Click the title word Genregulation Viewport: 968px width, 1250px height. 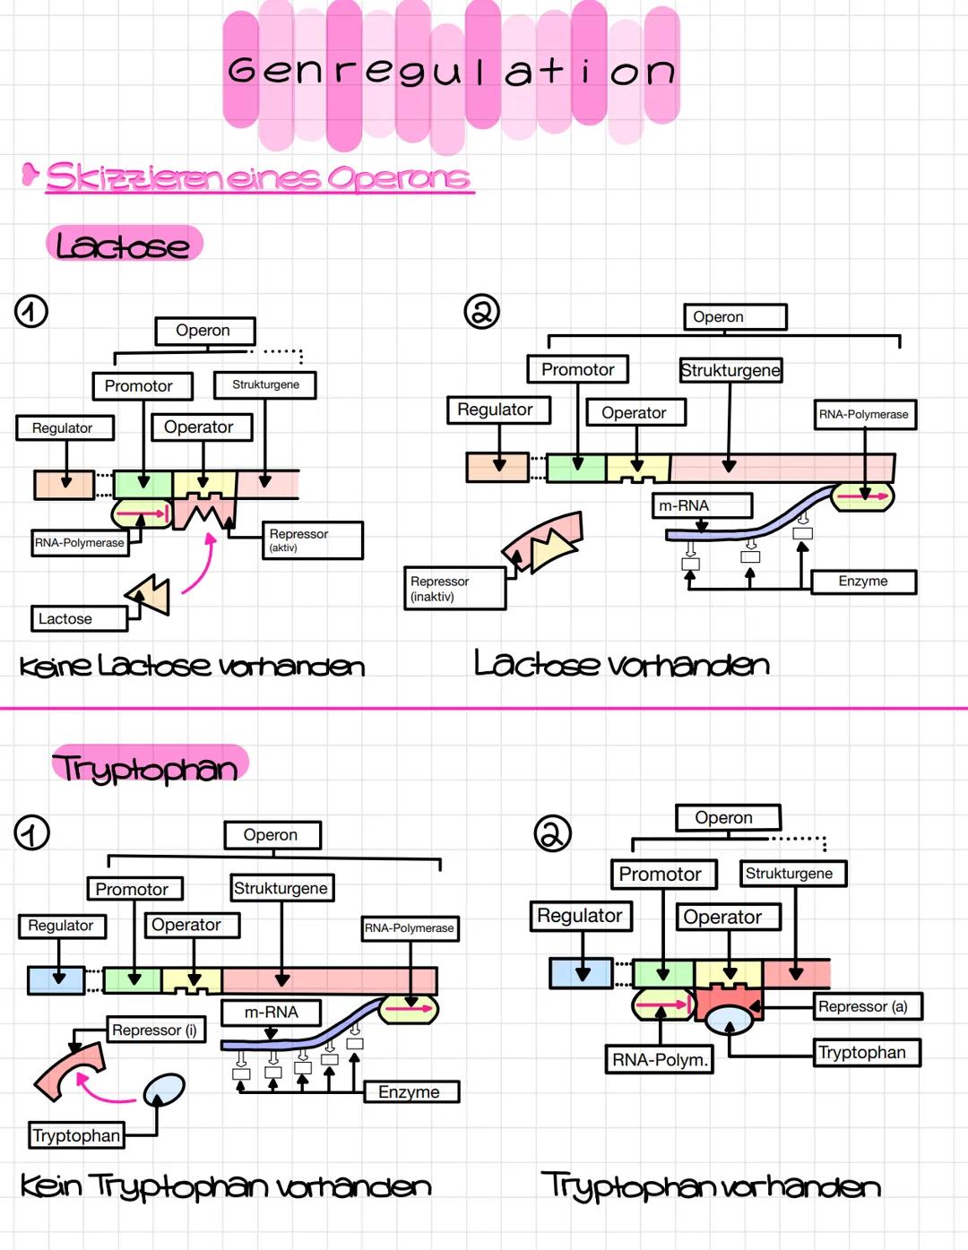[x=451, y=71]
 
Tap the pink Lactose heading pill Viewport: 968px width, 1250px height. [x=124, y=244]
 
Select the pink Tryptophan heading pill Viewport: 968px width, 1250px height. [x=149, y=767]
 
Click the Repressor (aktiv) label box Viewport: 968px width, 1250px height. [x=311, y=540]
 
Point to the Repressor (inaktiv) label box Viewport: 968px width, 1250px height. [x=454, y=589]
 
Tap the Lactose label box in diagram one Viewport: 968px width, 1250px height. [x=79, y=618]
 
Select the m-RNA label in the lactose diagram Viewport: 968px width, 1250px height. [x=701, y=505]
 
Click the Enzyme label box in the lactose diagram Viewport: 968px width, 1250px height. [x=863, y=582]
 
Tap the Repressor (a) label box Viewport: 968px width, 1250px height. [x=867, y=1006]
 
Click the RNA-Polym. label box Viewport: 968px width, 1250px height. [x=660, y=1059]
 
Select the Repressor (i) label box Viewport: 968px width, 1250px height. [x=156, y=1030]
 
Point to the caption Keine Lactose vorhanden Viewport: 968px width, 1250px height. [x=192, y=666]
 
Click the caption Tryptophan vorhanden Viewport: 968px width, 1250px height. [x=710, y=1185]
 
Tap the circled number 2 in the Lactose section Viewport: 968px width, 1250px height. [x=481, y=311]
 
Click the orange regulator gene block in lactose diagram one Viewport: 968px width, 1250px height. [x=65, y=485]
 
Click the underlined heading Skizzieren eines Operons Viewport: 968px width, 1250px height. [x=258, y=177]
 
